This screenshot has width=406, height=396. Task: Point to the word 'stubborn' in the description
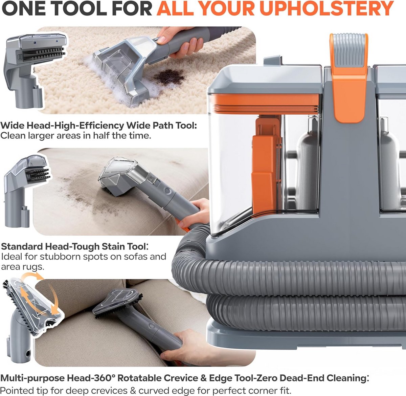pos(60,257)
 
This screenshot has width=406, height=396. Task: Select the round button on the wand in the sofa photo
pos(167,190)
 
